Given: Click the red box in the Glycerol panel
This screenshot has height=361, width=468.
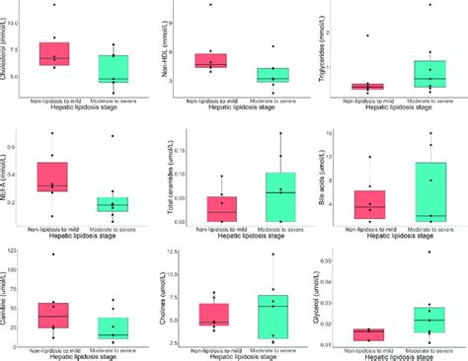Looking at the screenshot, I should pyautogui.click(x=370, y=334).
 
